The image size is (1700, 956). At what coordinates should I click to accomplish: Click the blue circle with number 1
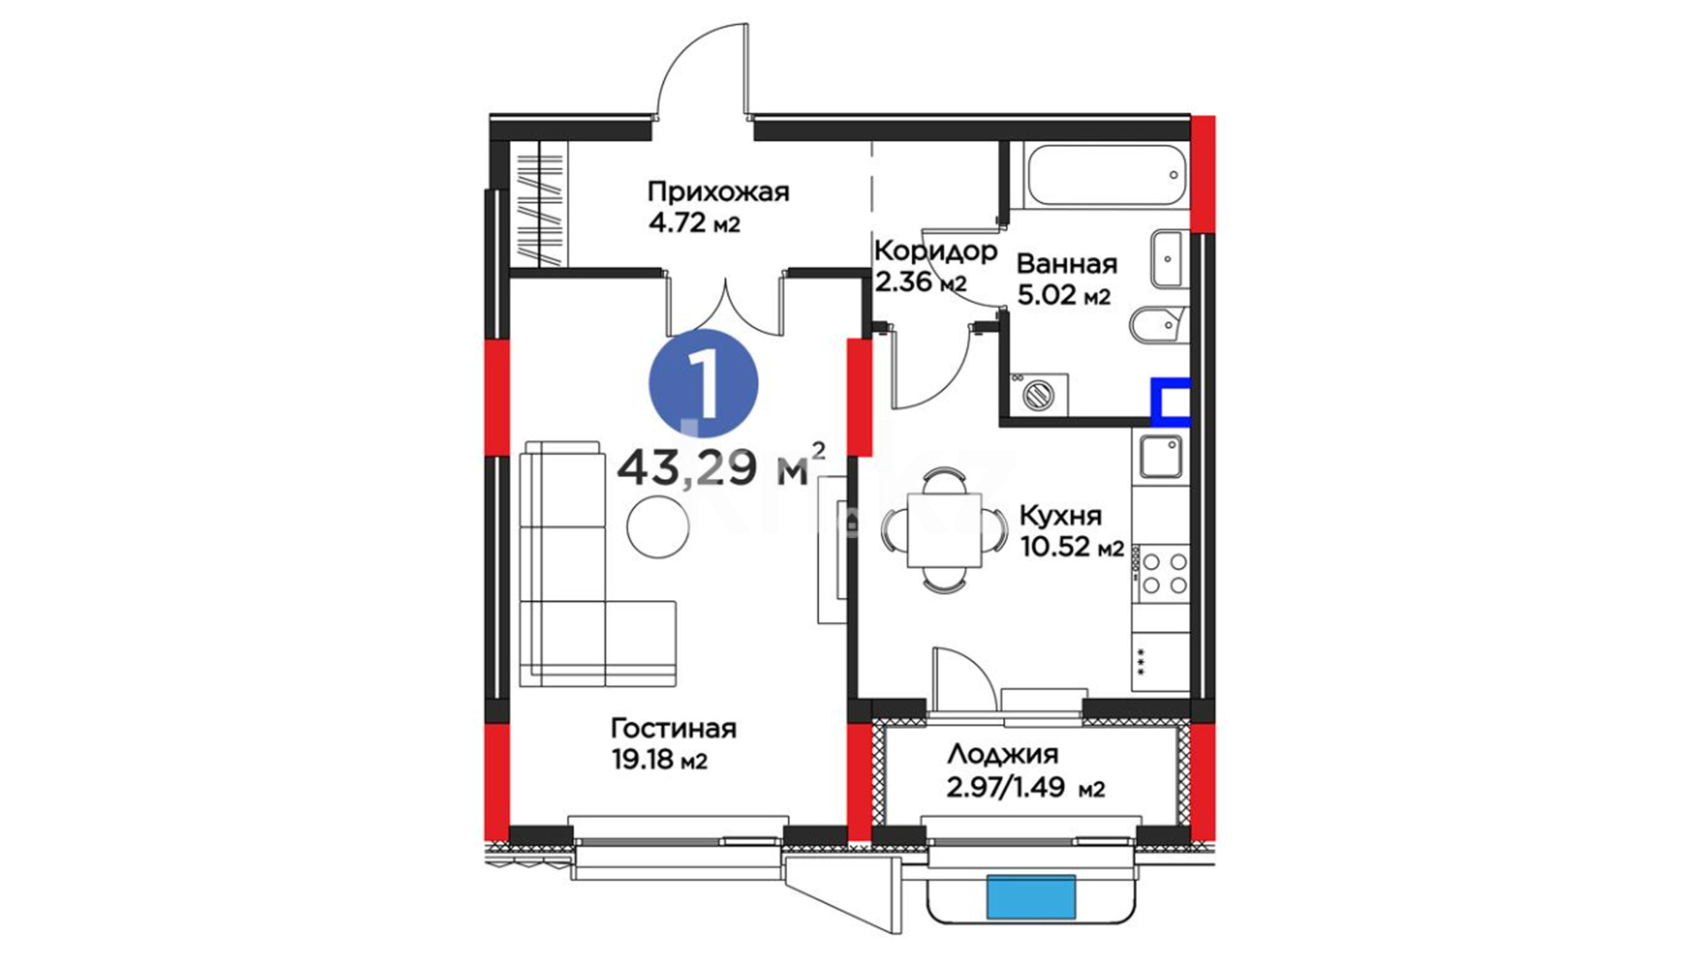[704, 383]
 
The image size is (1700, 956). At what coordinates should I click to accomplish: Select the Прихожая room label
[718, 191]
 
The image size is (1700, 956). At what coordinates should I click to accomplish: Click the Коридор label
[936, 251]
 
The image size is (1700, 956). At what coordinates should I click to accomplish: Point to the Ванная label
[1067, 264]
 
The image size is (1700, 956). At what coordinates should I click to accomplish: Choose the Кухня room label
[1061, 516]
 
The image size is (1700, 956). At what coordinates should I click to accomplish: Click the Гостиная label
[674, 729]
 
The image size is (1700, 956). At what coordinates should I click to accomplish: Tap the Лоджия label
[1002, 755]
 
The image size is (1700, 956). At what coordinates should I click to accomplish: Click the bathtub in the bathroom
[1105, 173]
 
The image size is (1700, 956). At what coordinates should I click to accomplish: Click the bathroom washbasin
[1171, 258]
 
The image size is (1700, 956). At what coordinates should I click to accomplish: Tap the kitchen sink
[1161, 457]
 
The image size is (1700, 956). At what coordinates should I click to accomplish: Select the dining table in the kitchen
[944, 530]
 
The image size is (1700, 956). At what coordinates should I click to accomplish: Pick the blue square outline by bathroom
[1171, 403]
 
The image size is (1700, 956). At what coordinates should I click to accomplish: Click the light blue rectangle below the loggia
[1032, 896]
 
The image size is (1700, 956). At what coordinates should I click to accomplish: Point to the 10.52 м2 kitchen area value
[1071, 548]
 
